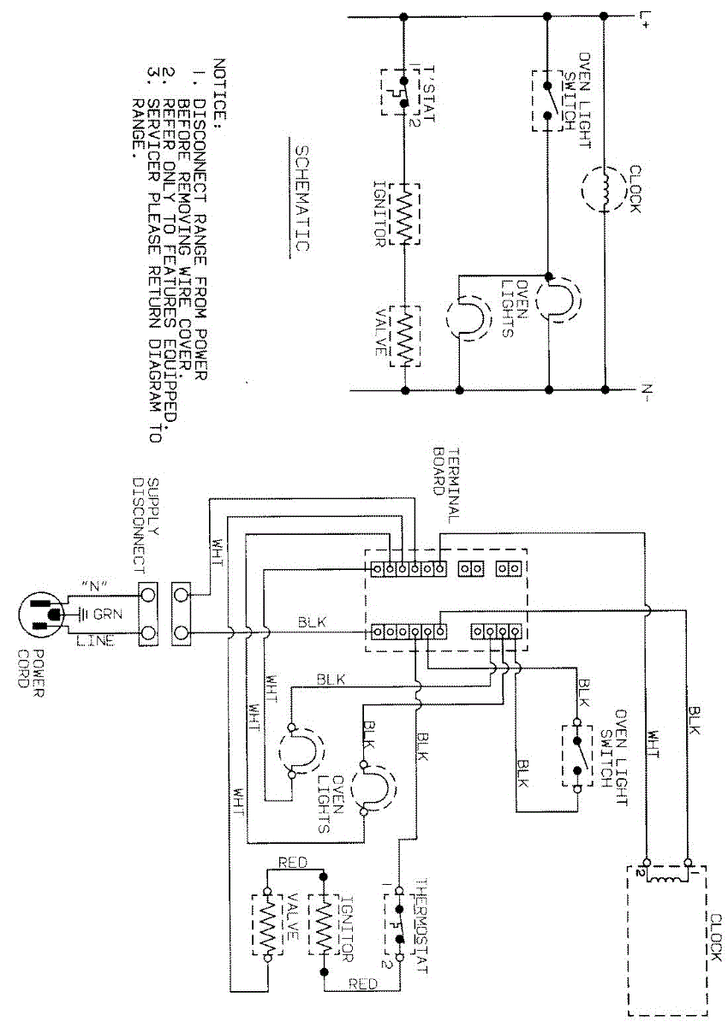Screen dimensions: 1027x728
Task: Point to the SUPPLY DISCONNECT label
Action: coord(146,523)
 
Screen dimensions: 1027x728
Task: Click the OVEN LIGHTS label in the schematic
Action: coord(512,307)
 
